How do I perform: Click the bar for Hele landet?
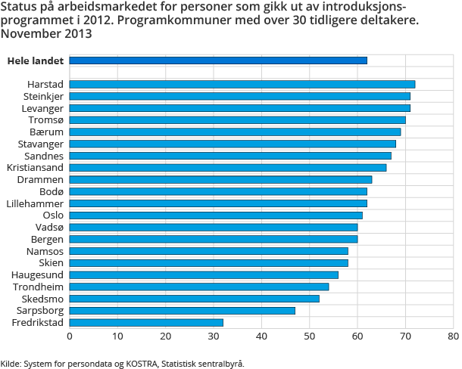click(x=218, y=60)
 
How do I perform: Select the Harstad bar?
click(x=242, y=84)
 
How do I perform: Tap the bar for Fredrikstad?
click(x=146, y=323)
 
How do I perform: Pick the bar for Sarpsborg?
click(x=183, y=311)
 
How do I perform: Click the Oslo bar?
click(x=216, y=216)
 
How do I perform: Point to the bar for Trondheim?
click(x=199, y=287)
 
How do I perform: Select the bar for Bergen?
click(x=214, y=239)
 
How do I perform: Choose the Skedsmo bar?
click(x=195, y=299)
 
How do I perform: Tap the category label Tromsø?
click(x=45, y=119)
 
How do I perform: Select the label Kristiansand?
click(x=35, y=167)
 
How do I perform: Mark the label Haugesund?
click(x=38, y=274)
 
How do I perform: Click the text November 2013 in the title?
click(x=47, y=34)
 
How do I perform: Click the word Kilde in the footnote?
click(x=11, y=363)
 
